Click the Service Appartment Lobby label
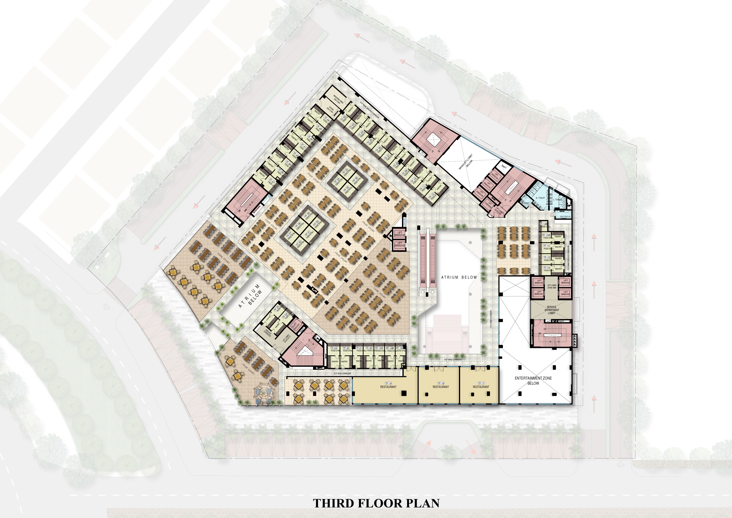(552, 310)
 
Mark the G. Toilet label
(540, 198)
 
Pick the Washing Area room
(338, 100)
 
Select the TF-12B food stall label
(543, 225)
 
